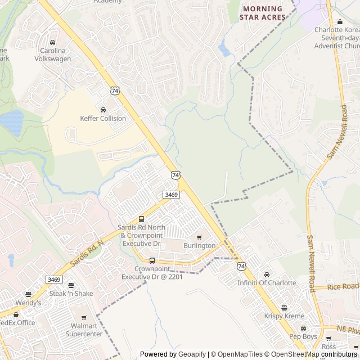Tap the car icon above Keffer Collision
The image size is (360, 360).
click(103, 110)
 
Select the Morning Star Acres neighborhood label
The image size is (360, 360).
click(263, 13)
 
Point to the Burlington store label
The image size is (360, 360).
click(199, 246)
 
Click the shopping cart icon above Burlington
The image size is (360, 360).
click(199, 237)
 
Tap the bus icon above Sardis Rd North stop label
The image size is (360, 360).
click(141, 219)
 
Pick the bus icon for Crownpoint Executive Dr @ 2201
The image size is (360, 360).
click(152, 260)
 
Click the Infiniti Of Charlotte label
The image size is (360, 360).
click(266, 282)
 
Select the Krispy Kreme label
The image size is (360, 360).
click(283, 316)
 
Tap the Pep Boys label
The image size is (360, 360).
click(303, 336)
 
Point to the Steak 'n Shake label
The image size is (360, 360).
click(70, 293)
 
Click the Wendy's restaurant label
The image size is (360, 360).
click(28, 303)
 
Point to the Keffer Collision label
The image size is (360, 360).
click(103, 119)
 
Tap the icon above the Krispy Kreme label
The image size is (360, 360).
click(284, 308)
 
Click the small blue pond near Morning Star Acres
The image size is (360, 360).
click(225, 51)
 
